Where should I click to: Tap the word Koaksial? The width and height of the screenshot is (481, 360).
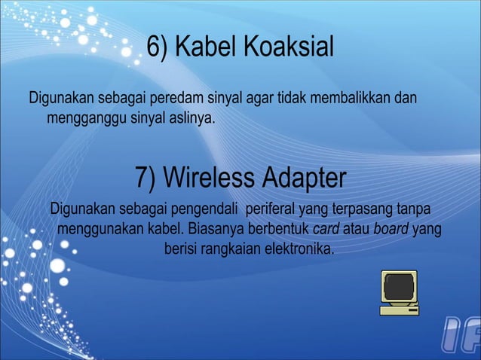point(286,49)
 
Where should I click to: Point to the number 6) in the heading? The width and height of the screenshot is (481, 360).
point(157,49)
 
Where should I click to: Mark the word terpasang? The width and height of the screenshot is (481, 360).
point(354,209)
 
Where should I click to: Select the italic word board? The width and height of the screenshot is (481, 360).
point(391,228)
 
